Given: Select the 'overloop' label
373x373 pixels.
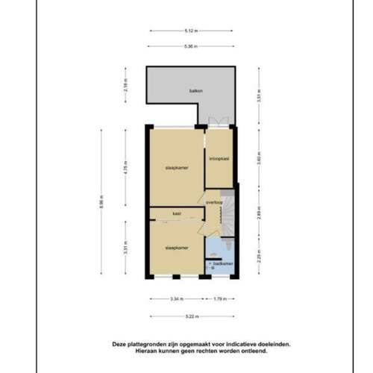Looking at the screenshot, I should tap(216, 201).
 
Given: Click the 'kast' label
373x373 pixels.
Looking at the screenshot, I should tap(177, 213).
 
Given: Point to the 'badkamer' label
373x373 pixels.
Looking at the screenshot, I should tap(222, 263).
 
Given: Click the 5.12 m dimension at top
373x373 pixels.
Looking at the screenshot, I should tap(189, 31).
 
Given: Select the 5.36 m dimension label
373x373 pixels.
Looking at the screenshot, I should tap(189, 46).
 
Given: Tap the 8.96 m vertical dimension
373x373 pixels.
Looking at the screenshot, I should tap(102, 202).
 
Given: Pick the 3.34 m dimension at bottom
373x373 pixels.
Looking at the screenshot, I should tap(175, 299).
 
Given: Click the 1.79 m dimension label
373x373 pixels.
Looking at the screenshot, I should tap(219, 299).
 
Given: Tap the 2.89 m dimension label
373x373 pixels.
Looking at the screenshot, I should tap(257, 211).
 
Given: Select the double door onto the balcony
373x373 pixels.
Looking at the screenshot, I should tap(219, 122).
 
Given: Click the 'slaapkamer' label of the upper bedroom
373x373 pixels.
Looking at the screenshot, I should tap(176, 168).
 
